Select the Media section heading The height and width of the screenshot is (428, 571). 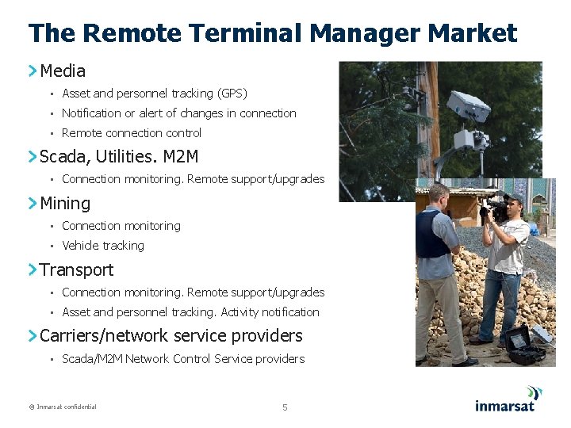click(63, 71)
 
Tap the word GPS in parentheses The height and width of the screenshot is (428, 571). click(230, 94)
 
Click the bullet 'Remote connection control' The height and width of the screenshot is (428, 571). click(132, 133)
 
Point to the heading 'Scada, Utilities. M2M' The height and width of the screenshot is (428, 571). click(119, 156)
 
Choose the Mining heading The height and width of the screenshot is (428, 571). click(65, 203)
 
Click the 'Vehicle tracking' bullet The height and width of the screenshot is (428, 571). click(103, 246)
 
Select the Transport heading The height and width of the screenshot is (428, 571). click(76, 269)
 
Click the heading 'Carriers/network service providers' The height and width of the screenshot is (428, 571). click(171, 335)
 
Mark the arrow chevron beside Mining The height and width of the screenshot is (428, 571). click(33, 203)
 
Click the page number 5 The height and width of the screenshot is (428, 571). click(285, 407)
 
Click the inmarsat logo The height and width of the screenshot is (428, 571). click(508, 399)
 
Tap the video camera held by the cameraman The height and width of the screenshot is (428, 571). click(493, 208)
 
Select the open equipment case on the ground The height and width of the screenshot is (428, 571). click(526, 345)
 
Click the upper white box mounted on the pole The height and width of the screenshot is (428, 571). click(468, 105)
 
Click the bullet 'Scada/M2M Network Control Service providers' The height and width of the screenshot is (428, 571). click(182, 359)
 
